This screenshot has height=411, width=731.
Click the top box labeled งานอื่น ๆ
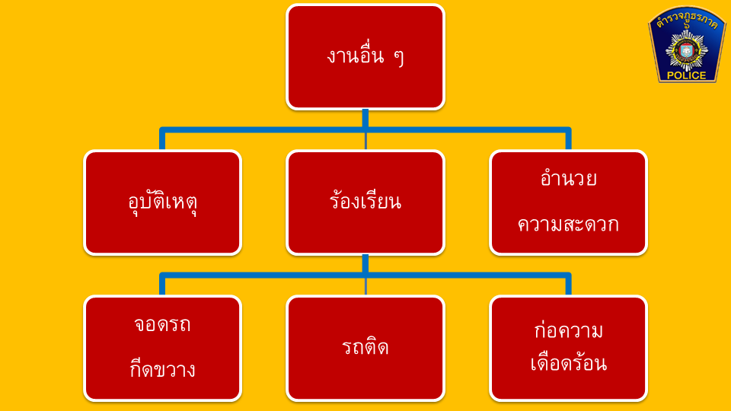tap(365, 56)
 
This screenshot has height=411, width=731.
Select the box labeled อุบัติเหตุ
tap(162, 202)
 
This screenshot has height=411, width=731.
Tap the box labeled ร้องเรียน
tap(365, 202)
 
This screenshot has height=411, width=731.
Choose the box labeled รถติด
tap(365, 348)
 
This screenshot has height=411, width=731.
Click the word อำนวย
tap(568, 180)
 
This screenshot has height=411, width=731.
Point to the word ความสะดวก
tap(568, 225)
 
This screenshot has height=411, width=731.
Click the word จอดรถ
tap(162, 325)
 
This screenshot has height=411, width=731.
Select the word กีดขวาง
tap(162, 370)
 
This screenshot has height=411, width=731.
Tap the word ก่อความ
tap(568, 332)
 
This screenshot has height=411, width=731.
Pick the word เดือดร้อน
tap(568, 364)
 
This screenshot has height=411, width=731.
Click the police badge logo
tap(686, 44)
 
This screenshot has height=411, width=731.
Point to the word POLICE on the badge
tap(686, 75)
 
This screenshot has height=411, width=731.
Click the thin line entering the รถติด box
tap(365, 286)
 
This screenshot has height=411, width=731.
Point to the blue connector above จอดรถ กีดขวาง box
tap(162, 285)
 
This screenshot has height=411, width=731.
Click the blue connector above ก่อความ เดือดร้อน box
tap(568, 285)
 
